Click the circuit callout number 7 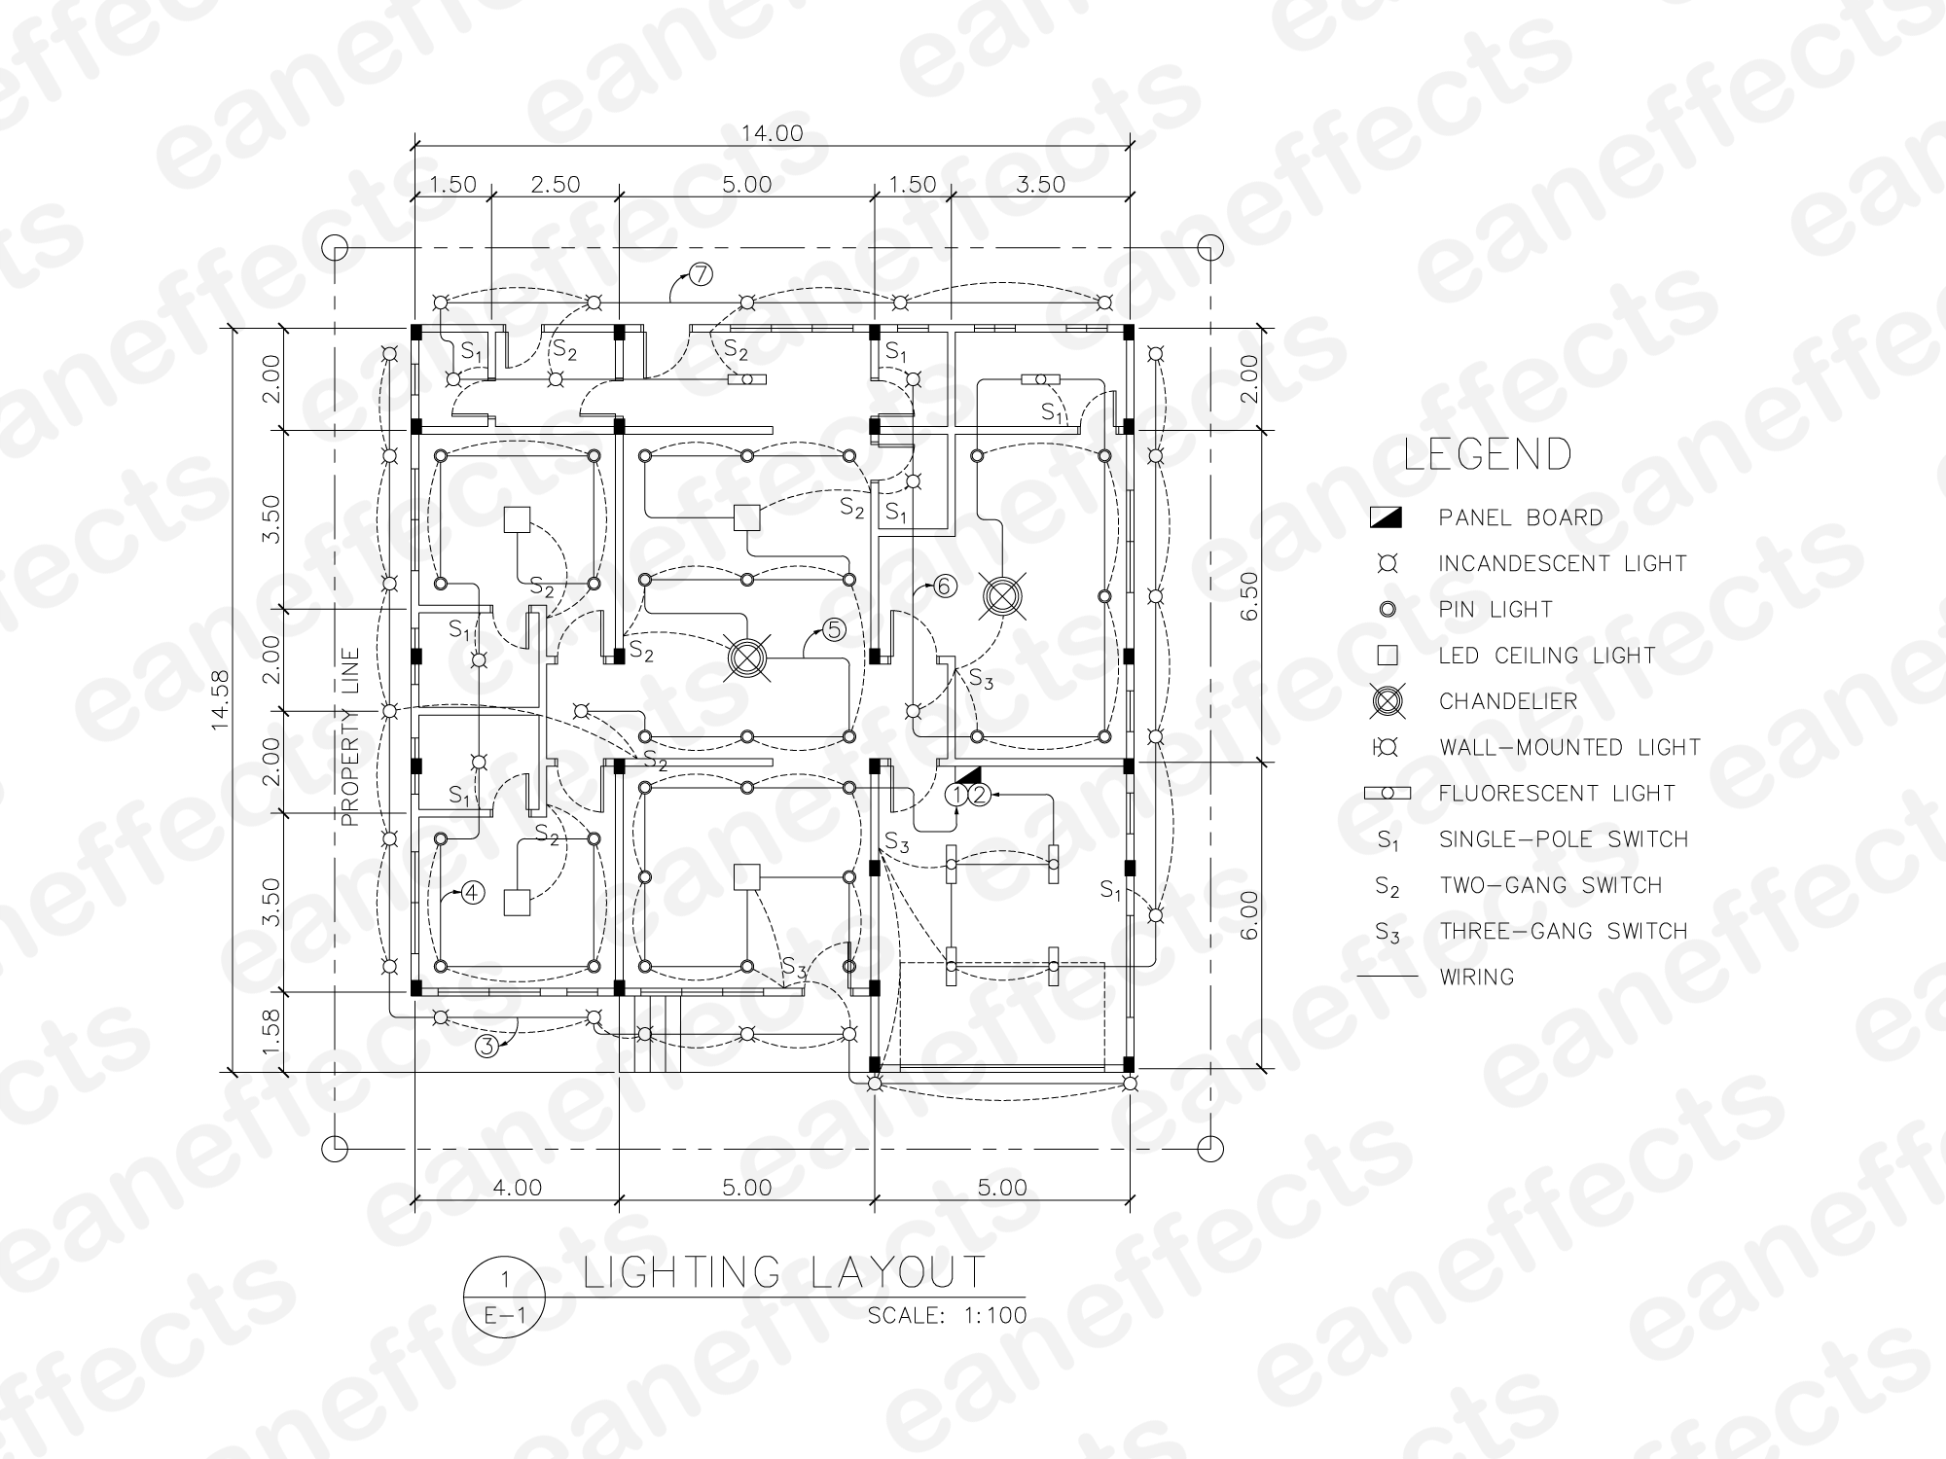tap(701, 274)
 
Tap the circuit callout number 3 tap(486, 1046)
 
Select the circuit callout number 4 tap(472, 892)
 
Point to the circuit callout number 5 tap(834, 630)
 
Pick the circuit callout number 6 tap(945, 587)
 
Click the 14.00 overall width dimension tap(773, 133)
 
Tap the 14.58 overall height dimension tap(222, 699)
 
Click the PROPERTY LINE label tap(350, 737)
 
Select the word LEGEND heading tap(1488, 454)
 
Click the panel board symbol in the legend tap(1387, 517)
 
